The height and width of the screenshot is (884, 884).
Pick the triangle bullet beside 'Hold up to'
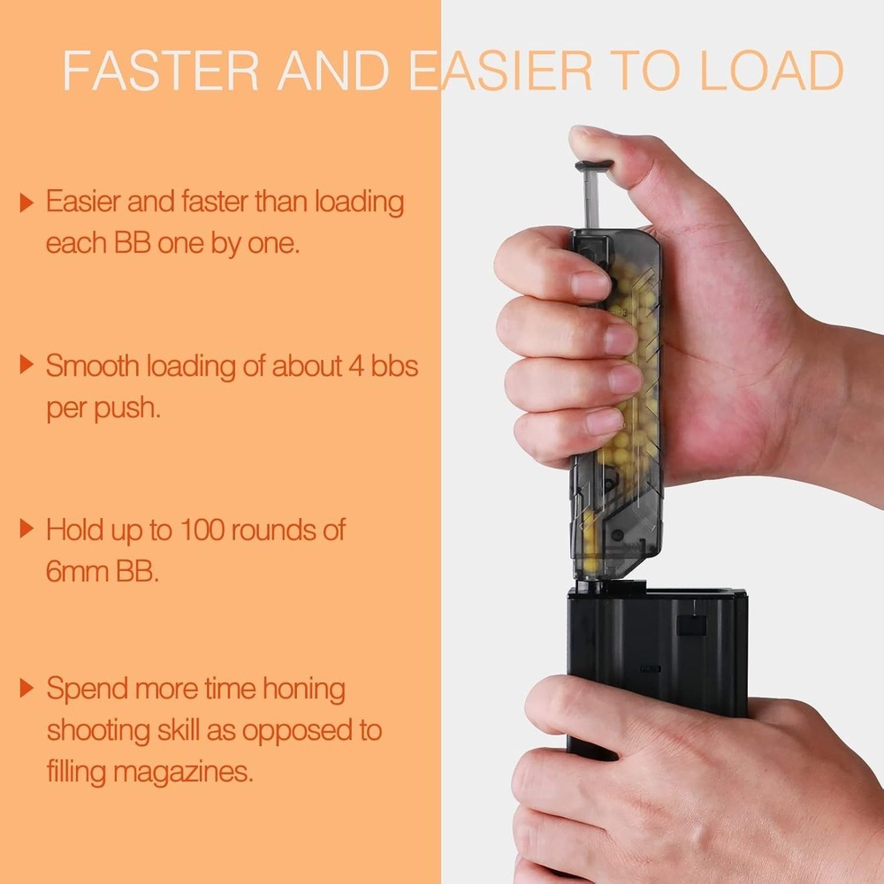(x=27, y=530)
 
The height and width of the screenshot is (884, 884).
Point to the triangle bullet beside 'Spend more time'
(x=27, y=688)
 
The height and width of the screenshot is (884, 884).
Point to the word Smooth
(x=93, y=366)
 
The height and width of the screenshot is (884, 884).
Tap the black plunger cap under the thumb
(x=593, y=165)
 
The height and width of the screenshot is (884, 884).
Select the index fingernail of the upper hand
(x=590, y=285)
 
